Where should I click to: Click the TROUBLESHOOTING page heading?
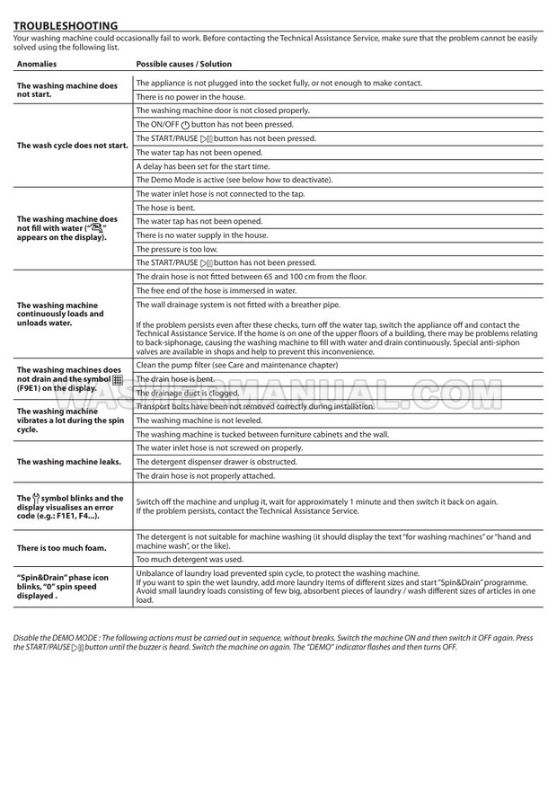tap(65, 25)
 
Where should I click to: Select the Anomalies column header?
tap(37, 64)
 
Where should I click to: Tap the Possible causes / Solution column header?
tap(183, 64)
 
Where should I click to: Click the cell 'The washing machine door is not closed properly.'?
tap(223, 110)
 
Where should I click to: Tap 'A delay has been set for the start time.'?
tap(203, 166)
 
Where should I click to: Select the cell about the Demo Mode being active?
tap(234, 180)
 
